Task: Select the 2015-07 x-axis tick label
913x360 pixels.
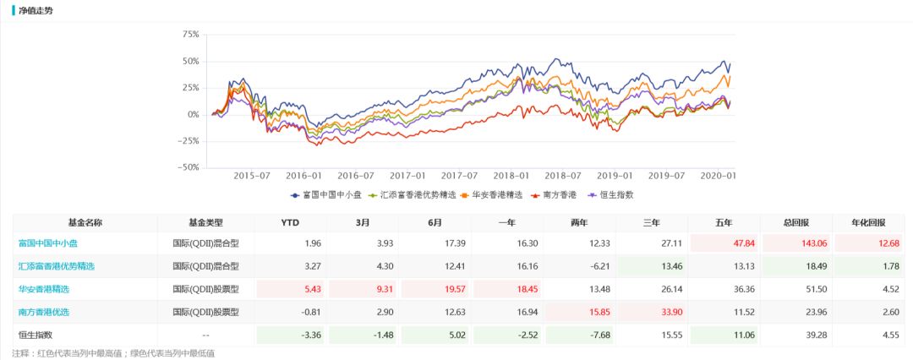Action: [x=250, y=176]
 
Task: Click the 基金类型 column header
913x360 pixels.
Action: [x=205, y=222]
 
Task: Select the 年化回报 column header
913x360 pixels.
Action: [x=869, y=222]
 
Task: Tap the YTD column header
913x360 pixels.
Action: [x=289, y=222]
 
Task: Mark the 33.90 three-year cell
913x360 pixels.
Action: [x=652, y=312]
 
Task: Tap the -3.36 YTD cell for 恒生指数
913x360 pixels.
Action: [x=289, y=335]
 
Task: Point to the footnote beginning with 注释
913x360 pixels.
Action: [x=113, y=352]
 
